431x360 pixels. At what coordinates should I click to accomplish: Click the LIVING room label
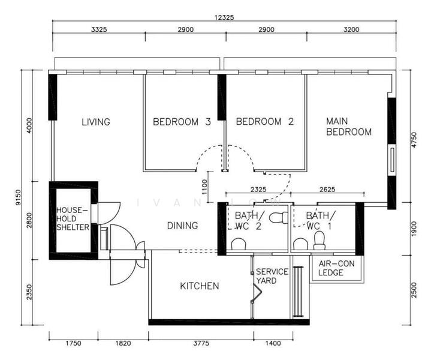point(96,122)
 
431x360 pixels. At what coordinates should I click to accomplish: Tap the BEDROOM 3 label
point(182,121)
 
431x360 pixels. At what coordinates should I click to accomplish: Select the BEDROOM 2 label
point(265,121)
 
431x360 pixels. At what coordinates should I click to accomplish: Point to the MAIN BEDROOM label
point(348,127)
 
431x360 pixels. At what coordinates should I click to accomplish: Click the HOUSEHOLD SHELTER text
point(73,219)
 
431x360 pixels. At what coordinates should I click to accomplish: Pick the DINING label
point(182,226)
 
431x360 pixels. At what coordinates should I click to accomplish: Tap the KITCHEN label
point(200,286)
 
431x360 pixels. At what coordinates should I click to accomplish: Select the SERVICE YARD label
point(272,276)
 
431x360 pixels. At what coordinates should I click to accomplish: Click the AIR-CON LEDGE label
point(336,268)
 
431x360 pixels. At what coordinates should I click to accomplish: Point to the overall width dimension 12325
point(224,17)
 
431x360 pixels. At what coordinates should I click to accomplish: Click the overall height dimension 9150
point(18,197)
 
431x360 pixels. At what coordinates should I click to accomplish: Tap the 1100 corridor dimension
point(204,187)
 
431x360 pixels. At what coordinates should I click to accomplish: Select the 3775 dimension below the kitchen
point(201,343)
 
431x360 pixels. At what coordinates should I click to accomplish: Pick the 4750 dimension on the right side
point(414,140)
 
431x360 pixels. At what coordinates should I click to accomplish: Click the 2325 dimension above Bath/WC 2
point(258,190)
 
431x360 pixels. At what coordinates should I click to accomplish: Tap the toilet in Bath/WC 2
point(278,218)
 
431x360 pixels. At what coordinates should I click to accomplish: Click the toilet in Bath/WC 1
point(320,240)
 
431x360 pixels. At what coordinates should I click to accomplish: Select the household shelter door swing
point(109,214)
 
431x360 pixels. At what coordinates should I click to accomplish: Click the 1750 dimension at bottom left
point(73,343)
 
